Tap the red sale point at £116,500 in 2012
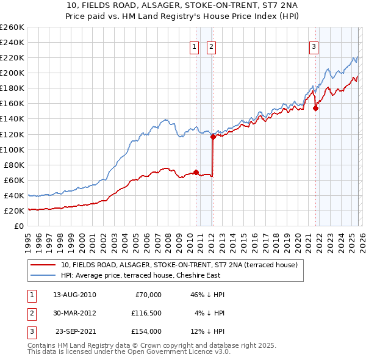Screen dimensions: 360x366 (x=213, y=137)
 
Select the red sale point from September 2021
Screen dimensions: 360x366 (x=315, y=109)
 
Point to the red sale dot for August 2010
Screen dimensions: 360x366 (x=196, y=172)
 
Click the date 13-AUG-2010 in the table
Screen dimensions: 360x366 (x=74, y=295)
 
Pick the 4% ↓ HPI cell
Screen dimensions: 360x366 (x=210, y=313)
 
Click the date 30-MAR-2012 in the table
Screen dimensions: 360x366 (x=74, y=313)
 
